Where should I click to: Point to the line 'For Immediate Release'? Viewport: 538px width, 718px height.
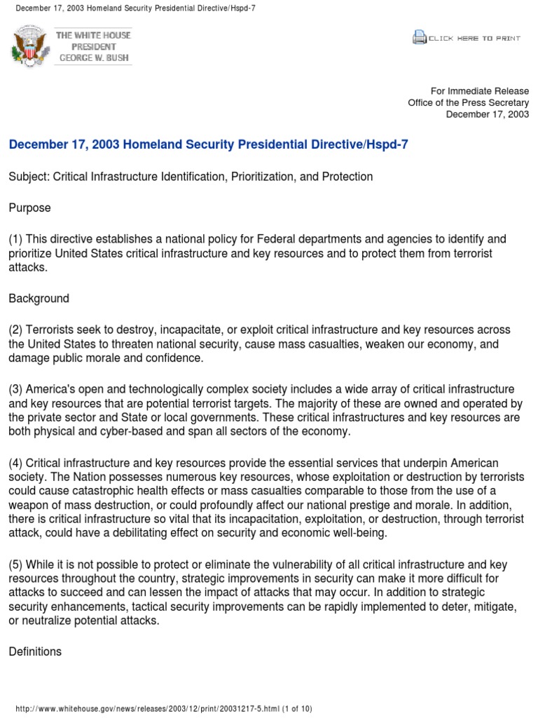tap(480, 90)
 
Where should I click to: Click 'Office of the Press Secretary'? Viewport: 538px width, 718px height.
tap(469, 102)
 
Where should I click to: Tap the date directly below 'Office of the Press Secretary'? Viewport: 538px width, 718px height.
tap(488, 114)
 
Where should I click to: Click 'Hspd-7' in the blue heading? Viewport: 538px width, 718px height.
tap(392, 144)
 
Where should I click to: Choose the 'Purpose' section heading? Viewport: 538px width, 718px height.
tap(29, 208)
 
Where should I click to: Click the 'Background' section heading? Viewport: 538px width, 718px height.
tap(39, 298)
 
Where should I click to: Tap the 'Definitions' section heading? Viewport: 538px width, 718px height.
tap(35, 651)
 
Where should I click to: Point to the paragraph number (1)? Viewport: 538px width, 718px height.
tap(16, 240)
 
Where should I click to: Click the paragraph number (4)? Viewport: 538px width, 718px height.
tap(16, 463)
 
